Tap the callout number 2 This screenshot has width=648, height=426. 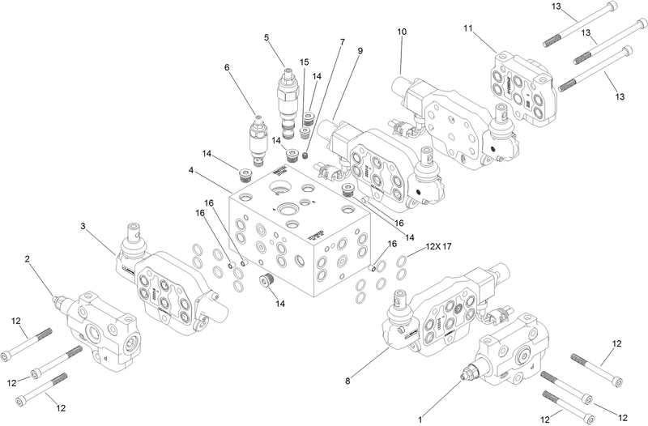(28, 259)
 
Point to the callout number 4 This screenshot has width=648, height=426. (191, 171)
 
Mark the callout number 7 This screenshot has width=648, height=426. (343, 41)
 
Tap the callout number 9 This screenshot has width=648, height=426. (359, 51)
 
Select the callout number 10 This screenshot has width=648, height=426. (402, 32)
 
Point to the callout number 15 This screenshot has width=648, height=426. (305, 62)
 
